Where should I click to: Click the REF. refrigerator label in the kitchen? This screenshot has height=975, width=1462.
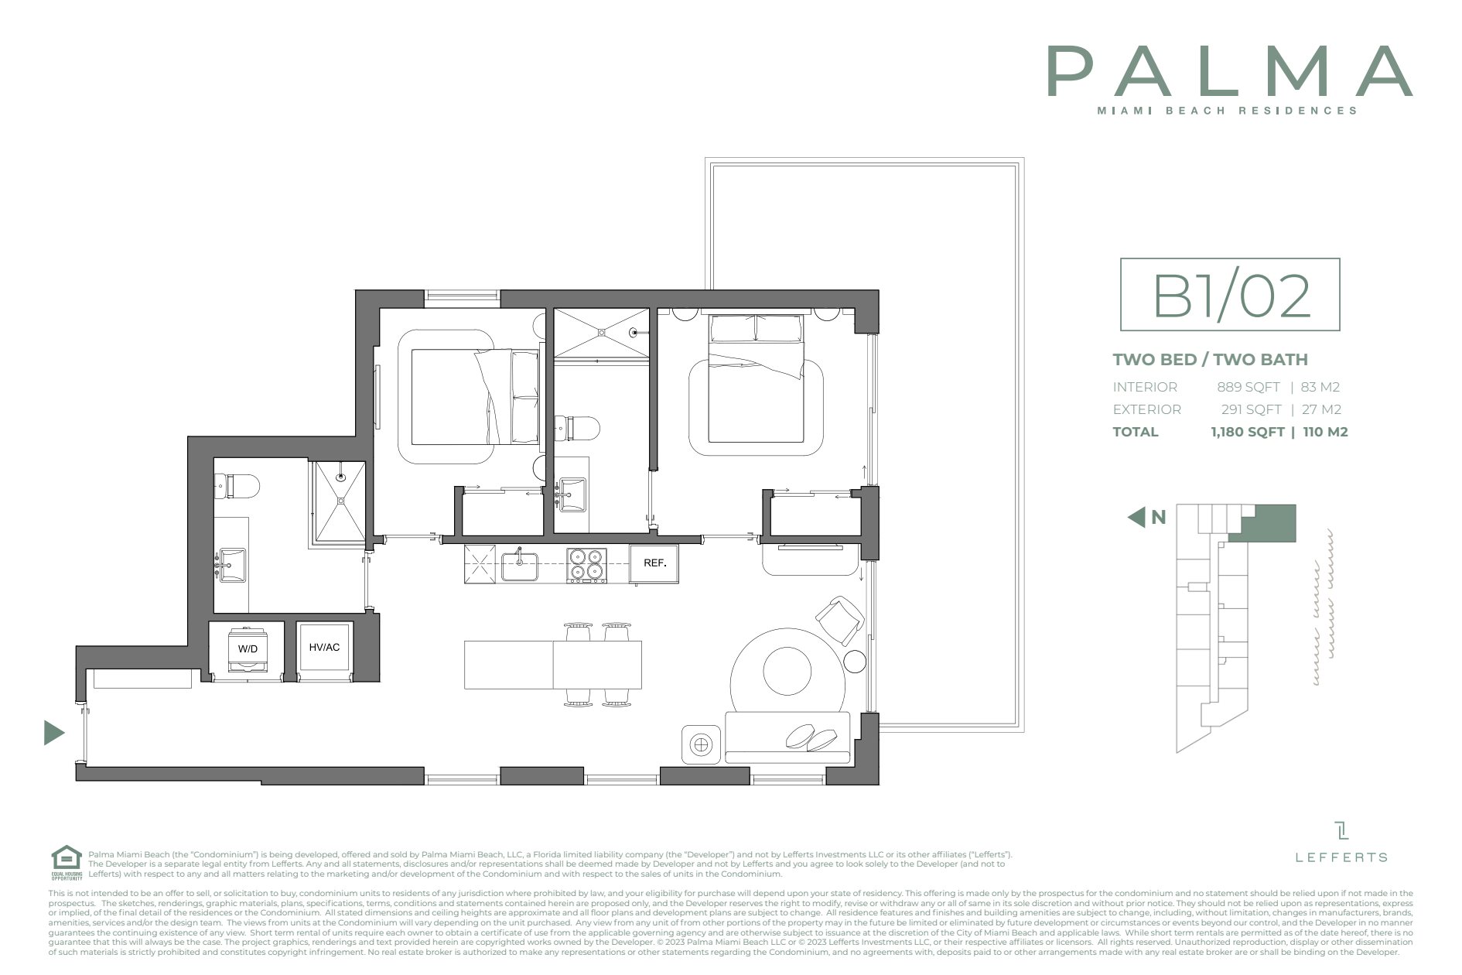click(654, 563)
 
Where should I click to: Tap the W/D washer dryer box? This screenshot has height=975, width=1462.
click(248, 648)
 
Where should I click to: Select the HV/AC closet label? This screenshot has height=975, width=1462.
click(324, 648)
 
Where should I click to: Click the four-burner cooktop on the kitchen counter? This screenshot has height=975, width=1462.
click(586, 564)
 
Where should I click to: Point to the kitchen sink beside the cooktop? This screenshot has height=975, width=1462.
click(519, 566)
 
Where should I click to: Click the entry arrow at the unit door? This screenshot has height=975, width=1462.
click(53, 732)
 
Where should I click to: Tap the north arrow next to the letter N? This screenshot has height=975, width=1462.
click(1136, 517)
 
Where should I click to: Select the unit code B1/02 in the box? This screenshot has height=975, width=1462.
click(1230, 296)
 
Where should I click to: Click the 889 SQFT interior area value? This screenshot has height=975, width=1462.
click(1248, 387)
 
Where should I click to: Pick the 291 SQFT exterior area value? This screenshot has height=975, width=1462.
click(1250, 409)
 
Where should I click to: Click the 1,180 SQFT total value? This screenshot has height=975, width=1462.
click(1247, 432)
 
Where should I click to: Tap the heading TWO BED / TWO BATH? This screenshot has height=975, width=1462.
click(1210, 359)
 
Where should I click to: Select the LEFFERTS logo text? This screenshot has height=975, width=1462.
click(1341, 857)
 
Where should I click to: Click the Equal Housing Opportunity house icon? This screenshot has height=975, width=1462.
click(67, 859)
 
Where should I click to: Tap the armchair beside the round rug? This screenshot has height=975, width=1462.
click(839, 620)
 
